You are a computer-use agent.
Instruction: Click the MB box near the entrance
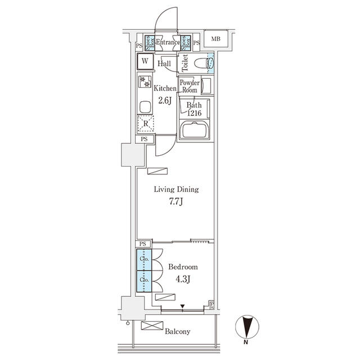pos(216,39)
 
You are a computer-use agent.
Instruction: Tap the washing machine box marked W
pos(145,61)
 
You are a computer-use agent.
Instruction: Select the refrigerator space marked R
pos(145,123)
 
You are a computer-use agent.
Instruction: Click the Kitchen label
pos(165,88)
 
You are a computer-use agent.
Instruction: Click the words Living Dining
pos(177,190)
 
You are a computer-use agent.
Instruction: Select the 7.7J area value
pos(177,202)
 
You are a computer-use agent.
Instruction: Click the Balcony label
pos(177,331)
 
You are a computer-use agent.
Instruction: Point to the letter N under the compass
pos(246,342)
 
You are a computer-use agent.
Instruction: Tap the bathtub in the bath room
pos(194,132)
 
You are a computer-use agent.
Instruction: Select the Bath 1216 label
pos(194,109)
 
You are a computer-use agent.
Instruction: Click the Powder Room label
pos(189,86)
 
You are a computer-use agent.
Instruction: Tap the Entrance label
pos(168,43)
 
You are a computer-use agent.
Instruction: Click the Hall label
pos(164,64)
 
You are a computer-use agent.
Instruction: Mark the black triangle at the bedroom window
pos(182,307)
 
